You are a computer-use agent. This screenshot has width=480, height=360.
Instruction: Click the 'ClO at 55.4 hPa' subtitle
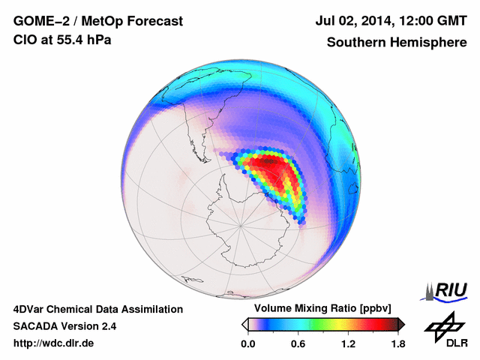[x=62, y=40]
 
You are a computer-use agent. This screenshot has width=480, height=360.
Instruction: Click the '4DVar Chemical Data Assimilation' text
[x=97, y=309]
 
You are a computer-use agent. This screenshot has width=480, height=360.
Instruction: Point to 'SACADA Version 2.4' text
[x=64, y=326]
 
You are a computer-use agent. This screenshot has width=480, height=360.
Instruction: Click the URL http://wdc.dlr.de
[x=54, y=343]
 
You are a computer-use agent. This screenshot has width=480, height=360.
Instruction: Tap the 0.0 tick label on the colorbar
[x=247, y=343]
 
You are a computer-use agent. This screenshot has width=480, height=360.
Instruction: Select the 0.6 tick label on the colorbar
[x=298, y=343]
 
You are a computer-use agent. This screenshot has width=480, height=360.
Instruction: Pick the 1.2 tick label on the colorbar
[x=348, y=343]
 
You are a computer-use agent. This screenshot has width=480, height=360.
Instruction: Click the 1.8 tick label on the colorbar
[x=397, y=343]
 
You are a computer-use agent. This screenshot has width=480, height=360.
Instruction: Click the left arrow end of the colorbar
[x=244, y=324]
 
